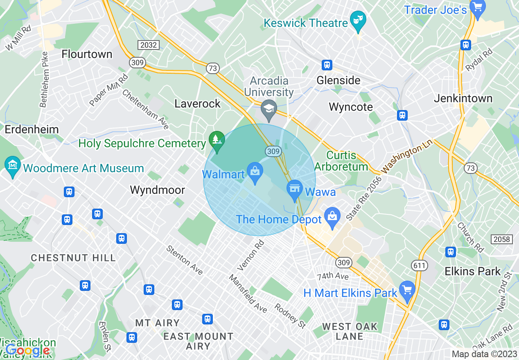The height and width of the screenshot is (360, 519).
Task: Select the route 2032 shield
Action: click(148, 45)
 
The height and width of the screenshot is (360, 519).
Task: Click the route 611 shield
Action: click(420, 266)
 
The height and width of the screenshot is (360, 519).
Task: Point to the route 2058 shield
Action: click(502, 239)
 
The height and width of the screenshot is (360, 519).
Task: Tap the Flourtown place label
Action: click(87, 54)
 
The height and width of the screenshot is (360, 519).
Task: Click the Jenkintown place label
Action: click(463, 99)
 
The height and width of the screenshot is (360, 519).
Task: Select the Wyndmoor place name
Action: click(157, 190)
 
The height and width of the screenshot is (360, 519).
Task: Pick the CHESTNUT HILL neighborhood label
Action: click(73, 258)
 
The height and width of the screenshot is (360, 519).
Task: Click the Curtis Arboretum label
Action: click(341, 161)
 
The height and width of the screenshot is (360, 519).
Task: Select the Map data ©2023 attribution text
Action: click(484, 354)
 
